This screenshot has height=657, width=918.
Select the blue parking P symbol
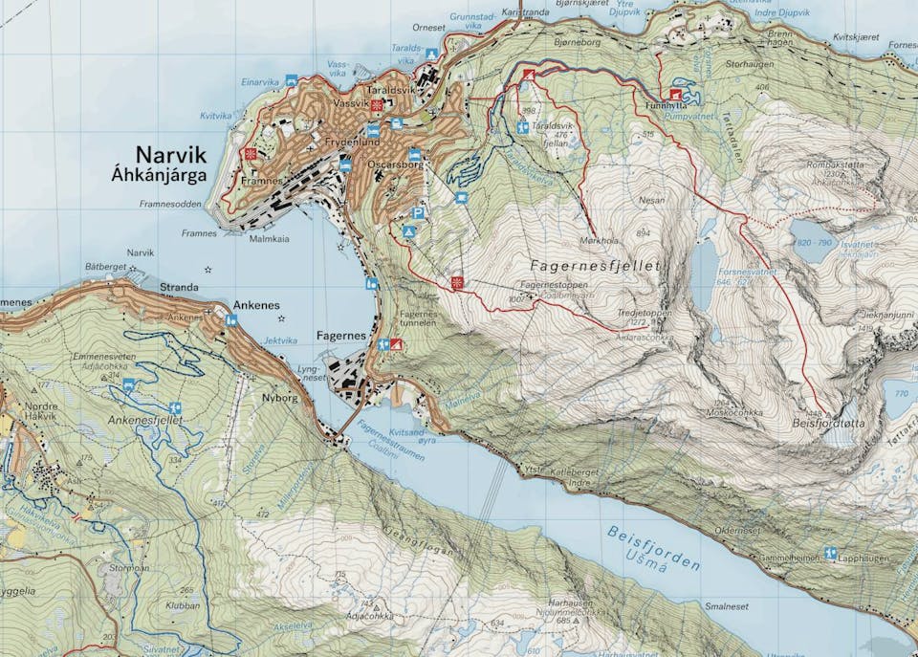coord(418,213)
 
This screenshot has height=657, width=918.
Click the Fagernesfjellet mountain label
coord(595,265)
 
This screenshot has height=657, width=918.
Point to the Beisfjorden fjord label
coord(653,548)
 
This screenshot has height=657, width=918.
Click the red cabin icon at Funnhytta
coord(677,94)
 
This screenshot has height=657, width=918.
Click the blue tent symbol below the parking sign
coord(408,232)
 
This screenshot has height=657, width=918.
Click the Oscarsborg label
coord(394,164)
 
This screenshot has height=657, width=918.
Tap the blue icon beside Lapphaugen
coord(829,553)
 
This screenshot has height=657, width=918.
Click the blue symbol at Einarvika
coord(291,81)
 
